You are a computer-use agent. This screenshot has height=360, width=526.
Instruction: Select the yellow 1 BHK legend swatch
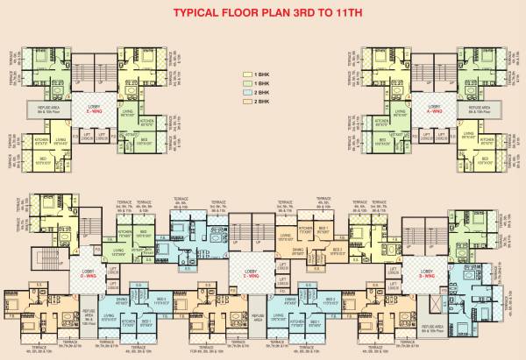point(246,76)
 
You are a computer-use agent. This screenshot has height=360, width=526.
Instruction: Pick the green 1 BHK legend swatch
point(246,86)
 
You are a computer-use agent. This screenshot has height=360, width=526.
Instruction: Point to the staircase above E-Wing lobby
point(93,73)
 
